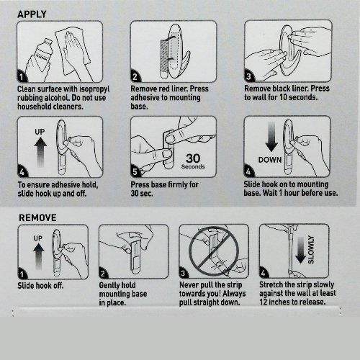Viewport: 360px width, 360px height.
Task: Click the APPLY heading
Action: (32, 14)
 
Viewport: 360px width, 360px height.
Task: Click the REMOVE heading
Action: (37, 217)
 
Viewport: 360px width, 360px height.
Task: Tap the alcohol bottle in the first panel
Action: (41, 55)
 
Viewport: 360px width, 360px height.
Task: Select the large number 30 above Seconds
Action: (193, 158)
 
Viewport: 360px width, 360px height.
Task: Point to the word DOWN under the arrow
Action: (270, 160)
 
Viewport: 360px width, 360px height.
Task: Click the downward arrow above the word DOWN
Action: (271, 136)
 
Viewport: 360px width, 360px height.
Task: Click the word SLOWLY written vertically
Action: (311, 250)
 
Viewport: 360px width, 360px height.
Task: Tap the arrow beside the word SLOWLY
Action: (300, 250)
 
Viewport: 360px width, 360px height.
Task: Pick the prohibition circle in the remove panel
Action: (214, 251)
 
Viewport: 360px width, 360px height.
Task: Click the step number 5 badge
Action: (135, 171)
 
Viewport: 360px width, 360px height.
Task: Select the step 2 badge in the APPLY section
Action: (135, 76)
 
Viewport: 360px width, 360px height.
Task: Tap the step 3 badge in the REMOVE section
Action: (183, 273)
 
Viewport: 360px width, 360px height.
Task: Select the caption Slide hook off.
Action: (40, 286)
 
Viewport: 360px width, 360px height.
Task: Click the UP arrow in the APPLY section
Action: (40, 152)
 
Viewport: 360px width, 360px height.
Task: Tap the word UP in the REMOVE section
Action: (38, 238)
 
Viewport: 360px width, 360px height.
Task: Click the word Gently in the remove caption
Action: (109, 285)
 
